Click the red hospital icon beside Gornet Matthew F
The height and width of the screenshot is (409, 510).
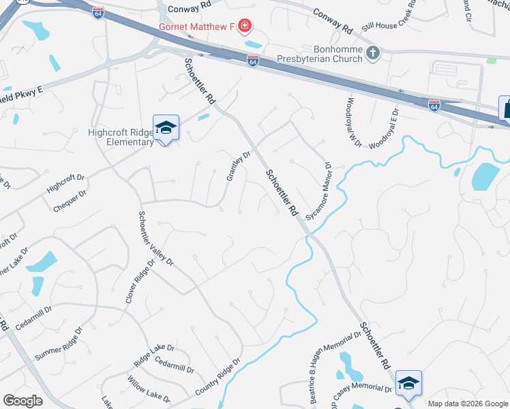(x=244, y=27)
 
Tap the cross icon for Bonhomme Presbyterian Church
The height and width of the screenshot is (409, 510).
(x=373, y=53)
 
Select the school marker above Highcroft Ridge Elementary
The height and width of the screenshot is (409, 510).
(x=166, y=128)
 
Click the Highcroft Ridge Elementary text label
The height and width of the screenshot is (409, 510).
(x=121, y=137)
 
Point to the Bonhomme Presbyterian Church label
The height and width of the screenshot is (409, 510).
(x=320, y=54)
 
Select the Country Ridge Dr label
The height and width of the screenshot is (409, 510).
(x=218, y=377)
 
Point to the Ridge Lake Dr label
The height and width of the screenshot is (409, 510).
(x=155, y=352)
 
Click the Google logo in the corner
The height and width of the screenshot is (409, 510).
(x=22, y=400)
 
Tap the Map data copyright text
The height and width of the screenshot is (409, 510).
(x=468, y=404)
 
